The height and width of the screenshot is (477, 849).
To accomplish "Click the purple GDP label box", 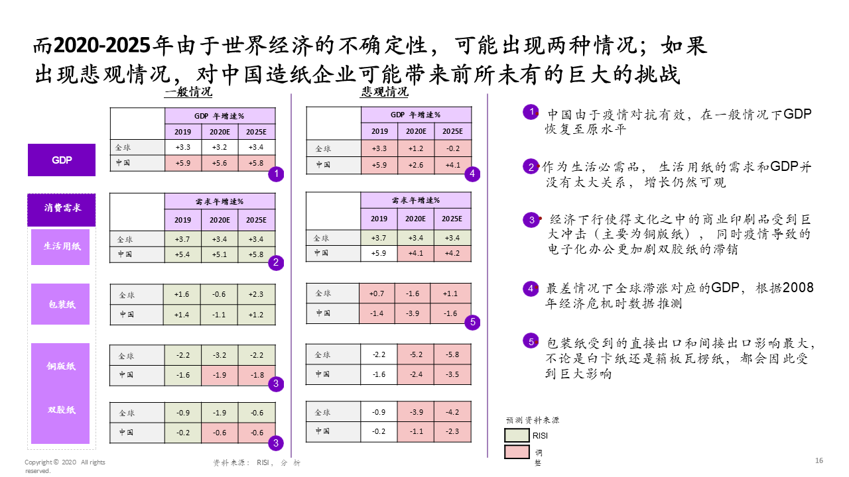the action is coord(62,160).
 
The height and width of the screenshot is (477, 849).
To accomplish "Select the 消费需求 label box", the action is coord(62,209).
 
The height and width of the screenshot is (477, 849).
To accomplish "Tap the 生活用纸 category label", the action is coord(61,246).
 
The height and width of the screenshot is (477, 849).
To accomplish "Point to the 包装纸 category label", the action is coord(61,304).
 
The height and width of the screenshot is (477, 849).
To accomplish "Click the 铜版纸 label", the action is coord(61,366).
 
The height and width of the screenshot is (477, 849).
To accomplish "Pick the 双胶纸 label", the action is coord(61,410).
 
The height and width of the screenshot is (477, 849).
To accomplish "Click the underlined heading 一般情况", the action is coord(188,92).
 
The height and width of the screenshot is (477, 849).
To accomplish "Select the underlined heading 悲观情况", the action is coord(385,92).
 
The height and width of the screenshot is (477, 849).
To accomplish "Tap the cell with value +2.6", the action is coord(416,165).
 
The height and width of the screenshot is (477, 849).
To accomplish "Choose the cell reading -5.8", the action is coord(452,354).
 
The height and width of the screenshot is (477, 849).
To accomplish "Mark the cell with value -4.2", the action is coord(452,412).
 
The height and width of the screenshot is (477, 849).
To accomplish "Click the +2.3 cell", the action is coord(257,294).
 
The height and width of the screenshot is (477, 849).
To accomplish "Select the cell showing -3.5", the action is coord(452,374).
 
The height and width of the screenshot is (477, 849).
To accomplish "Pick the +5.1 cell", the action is coord(220,254).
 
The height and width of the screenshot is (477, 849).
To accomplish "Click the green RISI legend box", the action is coord(517,435).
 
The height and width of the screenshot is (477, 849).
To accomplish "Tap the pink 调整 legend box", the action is coord(517,452).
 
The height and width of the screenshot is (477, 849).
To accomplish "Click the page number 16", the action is coord(819,460).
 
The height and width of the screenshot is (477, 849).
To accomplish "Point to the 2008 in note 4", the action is coord(799,288).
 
